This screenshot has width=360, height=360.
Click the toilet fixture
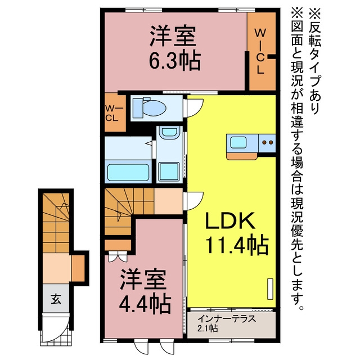[x=150, y=107]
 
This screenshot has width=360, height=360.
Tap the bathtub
[x=128, y=172]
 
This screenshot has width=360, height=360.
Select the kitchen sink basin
[x=238, y=142]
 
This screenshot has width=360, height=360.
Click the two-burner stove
[x=267, y=143]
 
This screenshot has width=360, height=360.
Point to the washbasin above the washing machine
[x=169, y=132]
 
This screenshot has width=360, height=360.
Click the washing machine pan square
[x=169, y=172]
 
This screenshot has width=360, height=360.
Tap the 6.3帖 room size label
[x=175, y=61]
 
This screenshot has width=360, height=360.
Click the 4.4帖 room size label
[x=145, y=305]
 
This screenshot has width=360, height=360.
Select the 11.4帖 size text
[x=237, y=245]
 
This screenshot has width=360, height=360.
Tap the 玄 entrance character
[x=56, y=299]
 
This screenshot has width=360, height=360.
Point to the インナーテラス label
[x=227, y=318]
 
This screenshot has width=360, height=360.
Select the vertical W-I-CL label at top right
[x=260, y=51]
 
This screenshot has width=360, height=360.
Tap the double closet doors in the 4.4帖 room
[x=118, y=256]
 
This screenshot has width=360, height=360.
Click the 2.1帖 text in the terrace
[x=208, y=328]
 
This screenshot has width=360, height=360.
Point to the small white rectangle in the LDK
[x=271, y=289]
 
